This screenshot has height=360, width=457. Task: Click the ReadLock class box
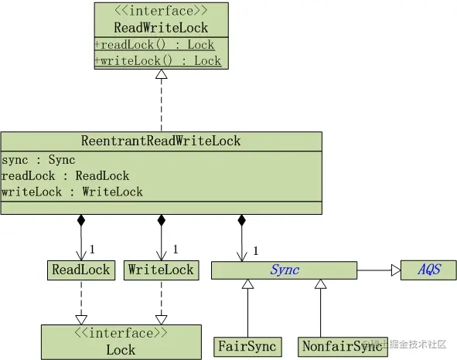point(81,270)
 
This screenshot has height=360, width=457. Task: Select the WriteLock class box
point(161,270)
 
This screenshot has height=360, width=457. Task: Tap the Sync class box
point(284,270)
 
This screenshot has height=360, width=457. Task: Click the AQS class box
point(428,270)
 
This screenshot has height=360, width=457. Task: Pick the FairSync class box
point(247,347)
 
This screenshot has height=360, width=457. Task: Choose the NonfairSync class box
point(343,347)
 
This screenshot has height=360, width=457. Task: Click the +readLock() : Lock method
point(155,45)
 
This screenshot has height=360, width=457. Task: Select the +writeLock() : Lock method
point(158,61)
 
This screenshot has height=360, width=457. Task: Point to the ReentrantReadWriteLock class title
point(161,141)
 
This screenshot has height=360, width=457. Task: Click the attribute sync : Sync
point(38,160)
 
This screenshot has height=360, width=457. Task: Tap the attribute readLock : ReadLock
point(65,176)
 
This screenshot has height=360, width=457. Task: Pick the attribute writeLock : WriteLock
point(72,192)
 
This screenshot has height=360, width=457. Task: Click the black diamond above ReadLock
point(81,220)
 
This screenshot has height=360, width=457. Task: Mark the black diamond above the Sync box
point(241,220)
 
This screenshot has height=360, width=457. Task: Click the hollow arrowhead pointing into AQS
point(396,270)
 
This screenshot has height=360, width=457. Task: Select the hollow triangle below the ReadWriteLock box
point(161,74)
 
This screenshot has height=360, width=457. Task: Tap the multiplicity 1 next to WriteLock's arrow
point(176,249)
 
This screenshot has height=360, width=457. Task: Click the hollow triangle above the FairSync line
point(247,284)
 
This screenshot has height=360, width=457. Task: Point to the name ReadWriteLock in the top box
point(161,28)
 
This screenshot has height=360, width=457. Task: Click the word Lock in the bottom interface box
point(121,350)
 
